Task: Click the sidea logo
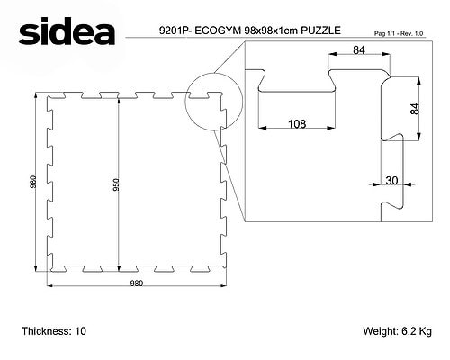[67, 31]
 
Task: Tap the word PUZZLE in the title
[320, 31]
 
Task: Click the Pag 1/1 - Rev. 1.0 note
[399, 33]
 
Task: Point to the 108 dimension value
[297, 123]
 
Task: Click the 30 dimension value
[391, 180]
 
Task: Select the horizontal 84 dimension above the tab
[359, 50]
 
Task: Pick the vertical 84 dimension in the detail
[415, 109]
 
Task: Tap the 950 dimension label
[116, 184]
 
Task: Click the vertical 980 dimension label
[33, 182]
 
